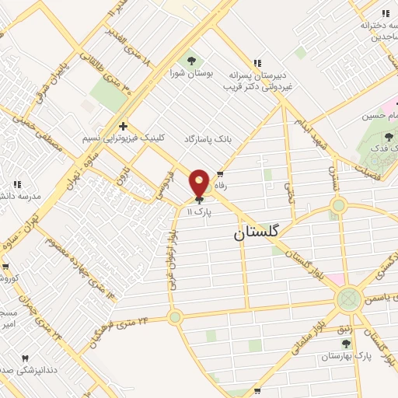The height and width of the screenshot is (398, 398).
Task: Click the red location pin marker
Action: point(200,183)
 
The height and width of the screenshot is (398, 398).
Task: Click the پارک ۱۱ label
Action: point(200,211)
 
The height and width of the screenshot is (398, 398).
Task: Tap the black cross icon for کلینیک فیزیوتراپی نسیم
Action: point(123,125)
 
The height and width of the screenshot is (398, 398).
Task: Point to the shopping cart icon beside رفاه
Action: point(222,174)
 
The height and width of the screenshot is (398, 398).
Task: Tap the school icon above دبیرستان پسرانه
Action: point(257,63)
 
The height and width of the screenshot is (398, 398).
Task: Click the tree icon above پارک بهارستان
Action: point(346,343)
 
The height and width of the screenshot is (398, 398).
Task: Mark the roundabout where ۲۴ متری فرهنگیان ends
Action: point(175,316)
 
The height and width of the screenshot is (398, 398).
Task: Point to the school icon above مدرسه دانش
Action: point(17,184)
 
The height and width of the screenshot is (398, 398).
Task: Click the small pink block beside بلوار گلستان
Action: point(334,279)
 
